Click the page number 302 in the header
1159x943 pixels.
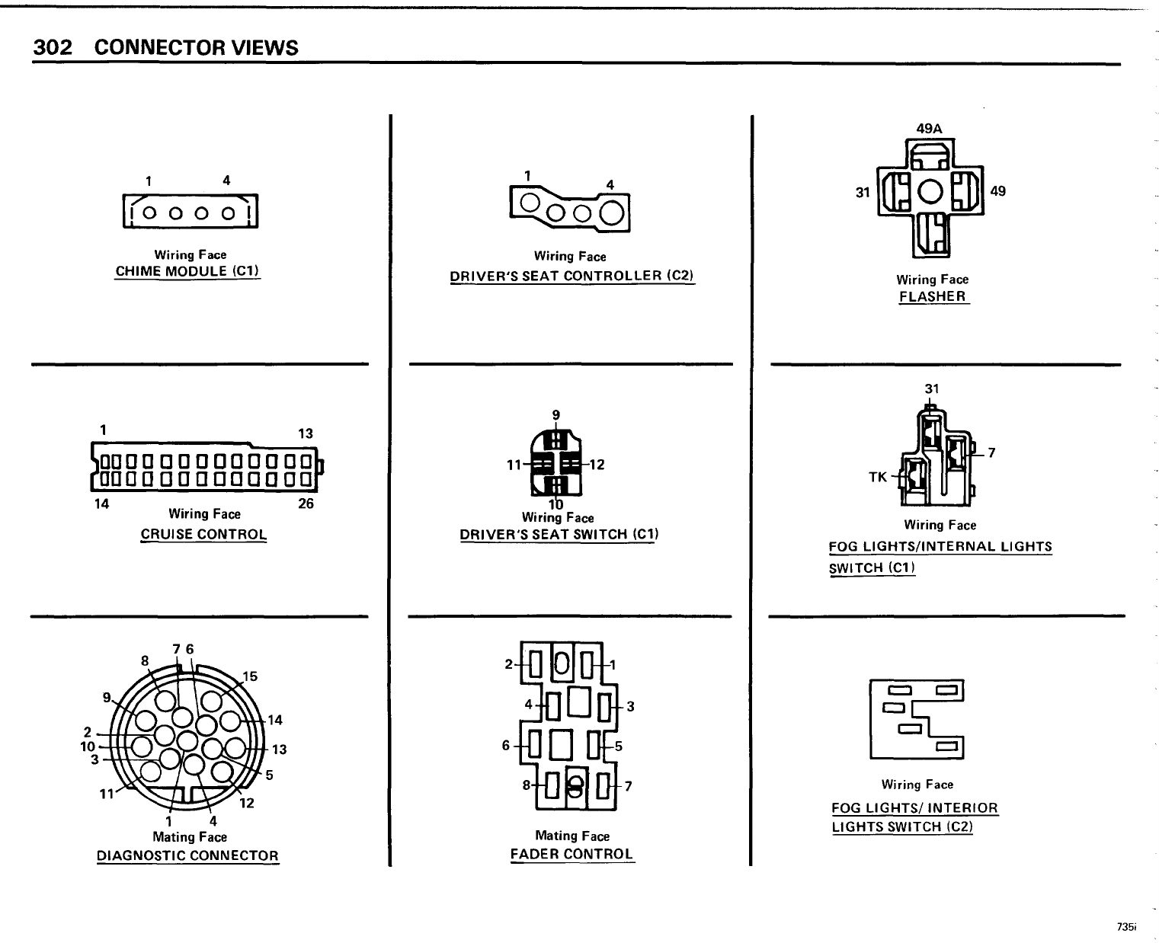pos(53,47)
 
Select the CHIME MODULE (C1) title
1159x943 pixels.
pos(187,271)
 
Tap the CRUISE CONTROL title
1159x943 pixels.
pos(203,534)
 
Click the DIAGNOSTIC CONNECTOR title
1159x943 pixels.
pos(187,855)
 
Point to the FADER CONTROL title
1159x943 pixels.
pos(571,854)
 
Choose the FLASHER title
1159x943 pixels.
pos(933,296)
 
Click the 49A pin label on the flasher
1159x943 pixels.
pos(929,129)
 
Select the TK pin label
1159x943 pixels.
pos(878,477)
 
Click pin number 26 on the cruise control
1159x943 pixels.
pos(306,503)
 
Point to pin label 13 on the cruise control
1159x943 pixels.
pos(306,433)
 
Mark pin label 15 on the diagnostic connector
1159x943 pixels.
pos(250,676)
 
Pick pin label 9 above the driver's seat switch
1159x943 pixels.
pos(556,415)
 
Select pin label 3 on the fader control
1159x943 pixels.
pos(630,706)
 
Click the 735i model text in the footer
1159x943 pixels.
pos(1126,927)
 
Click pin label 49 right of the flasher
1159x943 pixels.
pos(997,191)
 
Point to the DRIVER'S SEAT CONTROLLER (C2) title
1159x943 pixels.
pos(571,276)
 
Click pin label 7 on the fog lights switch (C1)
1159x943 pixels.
pos(991,452)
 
